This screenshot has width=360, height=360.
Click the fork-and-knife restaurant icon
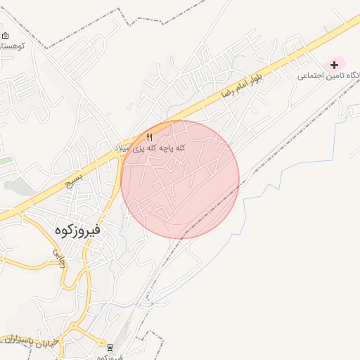click(x=149, y=136)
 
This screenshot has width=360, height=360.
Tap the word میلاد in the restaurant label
click(x=124, y=148)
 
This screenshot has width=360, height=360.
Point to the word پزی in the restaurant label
click(x=139, y=148)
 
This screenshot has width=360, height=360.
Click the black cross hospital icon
click(x=334, y=65)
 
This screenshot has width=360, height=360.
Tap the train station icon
click(x=110, y=346)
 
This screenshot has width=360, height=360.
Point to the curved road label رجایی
click(x=59, y=258)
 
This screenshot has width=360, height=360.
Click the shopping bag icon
click(x=6, y=35)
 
